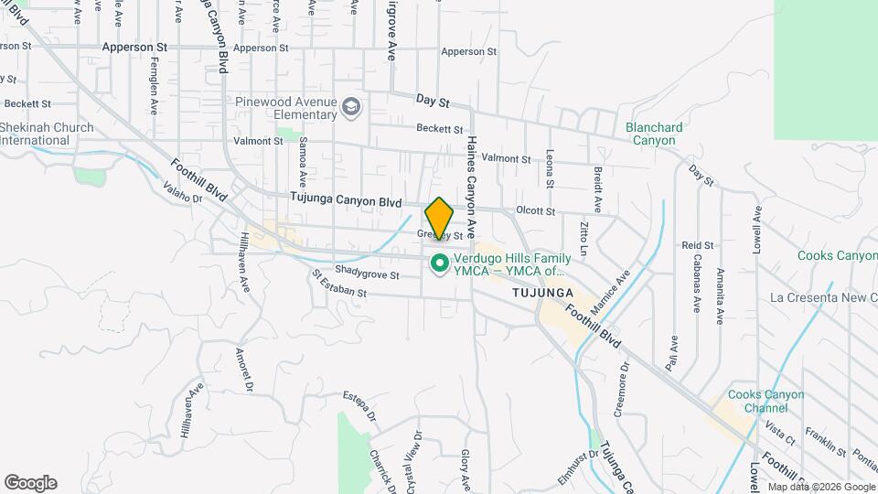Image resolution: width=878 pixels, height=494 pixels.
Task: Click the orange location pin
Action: (439, 218)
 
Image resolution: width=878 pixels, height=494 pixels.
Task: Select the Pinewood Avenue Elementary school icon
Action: (350, 109)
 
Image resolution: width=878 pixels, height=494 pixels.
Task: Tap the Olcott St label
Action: (535, 210)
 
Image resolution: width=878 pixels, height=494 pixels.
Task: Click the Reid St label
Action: (697, 245)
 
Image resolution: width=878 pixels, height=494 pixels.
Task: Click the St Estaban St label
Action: (338, 284)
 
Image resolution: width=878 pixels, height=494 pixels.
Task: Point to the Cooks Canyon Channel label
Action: (766, 401)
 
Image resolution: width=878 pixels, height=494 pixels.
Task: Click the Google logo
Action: (30, 483)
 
